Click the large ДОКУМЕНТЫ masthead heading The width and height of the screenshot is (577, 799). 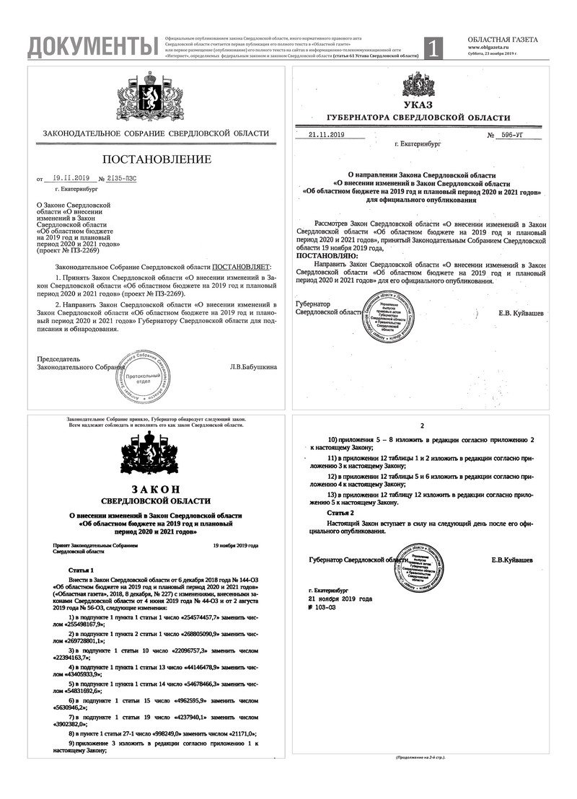pyautogui.click(x=92, y=46)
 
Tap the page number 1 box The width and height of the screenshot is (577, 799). pyautogui.click(x=433, y=48)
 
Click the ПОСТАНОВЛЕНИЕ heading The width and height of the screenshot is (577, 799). pyautogui.click(x=157, y=159)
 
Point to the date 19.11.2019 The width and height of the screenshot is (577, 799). pyautogui.click(x=70, y=177)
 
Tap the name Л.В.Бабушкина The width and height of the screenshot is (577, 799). pyautogui.click(x=253, y=367)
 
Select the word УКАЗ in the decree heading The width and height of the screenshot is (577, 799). pyautogui.click(x=418, y=105)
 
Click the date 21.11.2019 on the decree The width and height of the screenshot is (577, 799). pyautogui.click(x=327, y=135)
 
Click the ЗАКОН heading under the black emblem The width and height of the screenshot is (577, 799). pyautogui.click(x=156, y=490)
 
